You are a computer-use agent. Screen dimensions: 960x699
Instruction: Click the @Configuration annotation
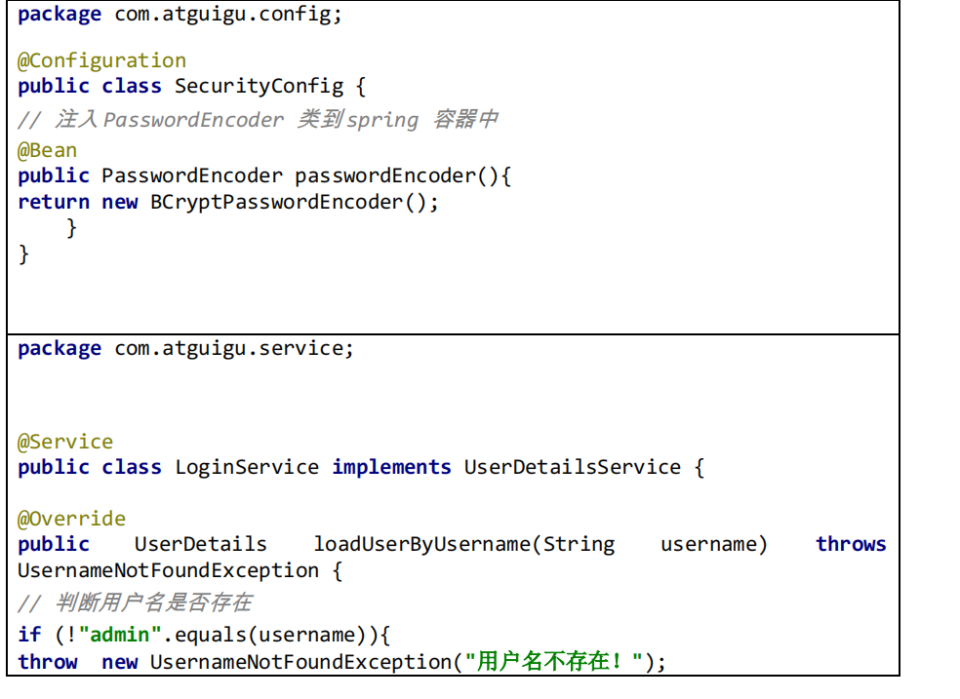click(101, 60)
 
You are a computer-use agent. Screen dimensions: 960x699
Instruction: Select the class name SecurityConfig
click(259, 86)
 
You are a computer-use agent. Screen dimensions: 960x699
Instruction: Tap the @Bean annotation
click(47, 150)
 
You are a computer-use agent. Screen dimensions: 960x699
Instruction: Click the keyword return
click(54, 202)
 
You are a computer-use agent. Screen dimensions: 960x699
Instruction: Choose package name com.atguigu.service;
click(234, 348)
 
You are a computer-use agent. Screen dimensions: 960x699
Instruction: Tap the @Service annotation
click(65, 442)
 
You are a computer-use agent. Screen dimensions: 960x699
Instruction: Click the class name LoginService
click(247, 467)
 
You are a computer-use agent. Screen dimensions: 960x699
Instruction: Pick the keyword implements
click(391, 467)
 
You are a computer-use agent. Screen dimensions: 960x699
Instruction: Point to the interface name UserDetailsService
click(572, 467)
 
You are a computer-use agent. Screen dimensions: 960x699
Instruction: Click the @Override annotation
click(71, 519)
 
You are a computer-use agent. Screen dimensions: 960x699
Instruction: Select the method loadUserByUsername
click(421, 544)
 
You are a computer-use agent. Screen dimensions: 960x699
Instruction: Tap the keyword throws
click(851, 544)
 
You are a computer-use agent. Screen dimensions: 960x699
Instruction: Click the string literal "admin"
click(120, 635)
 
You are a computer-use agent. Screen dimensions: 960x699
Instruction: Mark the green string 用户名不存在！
click(553, 662)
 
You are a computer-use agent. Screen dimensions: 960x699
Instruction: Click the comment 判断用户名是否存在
click(154, 602)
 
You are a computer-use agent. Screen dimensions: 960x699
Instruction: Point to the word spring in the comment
click(382, 119)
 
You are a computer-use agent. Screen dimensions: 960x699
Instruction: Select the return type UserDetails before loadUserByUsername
click(200, 544)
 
